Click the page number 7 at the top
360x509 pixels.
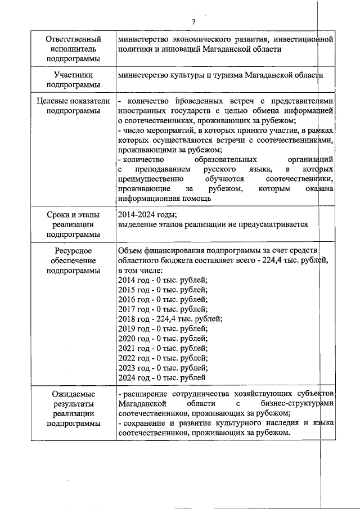193,22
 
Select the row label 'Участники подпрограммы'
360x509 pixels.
73,79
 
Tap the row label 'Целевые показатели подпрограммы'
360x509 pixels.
73,105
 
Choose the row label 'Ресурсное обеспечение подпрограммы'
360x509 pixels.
73,260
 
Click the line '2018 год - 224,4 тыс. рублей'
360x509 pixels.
170,318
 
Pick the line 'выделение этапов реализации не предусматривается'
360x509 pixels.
213,224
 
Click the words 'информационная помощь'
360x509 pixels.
165,198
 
